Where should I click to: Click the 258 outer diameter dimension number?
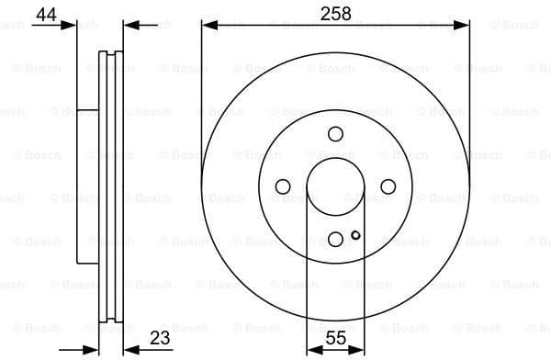point(335,13)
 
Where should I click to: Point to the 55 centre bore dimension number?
point(335,338)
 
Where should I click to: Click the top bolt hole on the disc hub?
point(335,133)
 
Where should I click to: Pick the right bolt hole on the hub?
point(388,186)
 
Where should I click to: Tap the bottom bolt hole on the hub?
point(335,240)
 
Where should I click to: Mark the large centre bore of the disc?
point(335,186)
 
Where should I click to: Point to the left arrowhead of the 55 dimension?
point(310,350)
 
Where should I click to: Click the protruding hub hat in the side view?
point(86,186)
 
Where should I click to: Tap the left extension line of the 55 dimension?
point(306,276)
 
